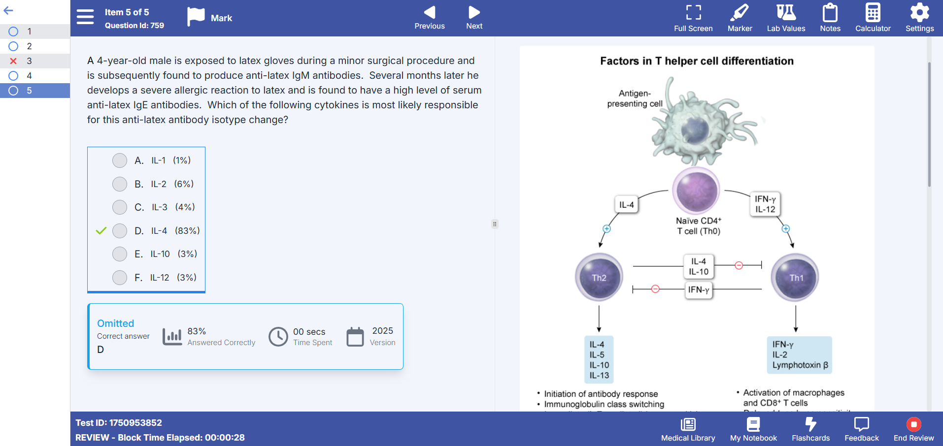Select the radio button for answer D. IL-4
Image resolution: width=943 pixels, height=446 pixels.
click(120, 231)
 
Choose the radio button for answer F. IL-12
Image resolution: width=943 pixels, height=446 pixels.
click(120, 278)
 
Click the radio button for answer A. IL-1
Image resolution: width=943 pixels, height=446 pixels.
click(120, 160)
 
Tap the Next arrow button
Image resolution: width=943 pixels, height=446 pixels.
click(474, 12)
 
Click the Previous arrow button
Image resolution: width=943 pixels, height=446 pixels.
click(430, 12)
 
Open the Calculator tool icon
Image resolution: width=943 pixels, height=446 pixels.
click(873, 13)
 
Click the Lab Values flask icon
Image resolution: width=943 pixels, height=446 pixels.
click(786, 12)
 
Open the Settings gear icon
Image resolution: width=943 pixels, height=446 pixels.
click(919, 13)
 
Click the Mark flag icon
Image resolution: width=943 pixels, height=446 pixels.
click(196, 17)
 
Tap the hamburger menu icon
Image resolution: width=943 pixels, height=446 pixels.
click(85, 17)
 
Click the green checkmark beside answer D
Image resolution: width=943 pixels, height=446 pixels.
click(101, 230)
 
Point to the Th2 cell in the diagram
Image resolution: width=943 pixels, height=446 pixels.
click(599, 277)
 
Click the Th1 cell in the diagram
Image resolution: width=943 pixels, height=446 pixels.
click(795, 277)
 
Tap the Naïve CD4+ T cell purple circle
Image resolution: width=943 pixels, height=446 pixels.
click(697, 191)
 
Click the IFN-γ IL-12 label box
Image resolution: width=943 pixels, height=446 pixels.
click(765, 204)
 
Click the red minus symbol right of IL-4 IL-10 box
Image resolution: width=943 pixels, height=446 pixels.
click(739, 266)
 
